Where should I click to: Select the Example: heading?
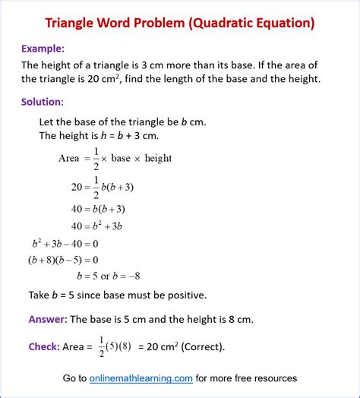pyautogui.click(x=43, y=48)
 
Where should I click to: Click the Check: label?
pyautogui.click(x=44, y=346)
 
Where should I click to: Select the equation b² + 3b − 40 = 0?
pyautogui.click(x=65, y=244)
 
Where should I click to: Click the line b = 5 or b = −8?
pyautogui.click(x=109, y=276)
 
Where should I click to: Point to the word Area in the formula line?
pyautogui.click(x=69, y=158)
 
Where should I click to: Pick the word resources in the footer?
pyautogui.click(x=273, y=377)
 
